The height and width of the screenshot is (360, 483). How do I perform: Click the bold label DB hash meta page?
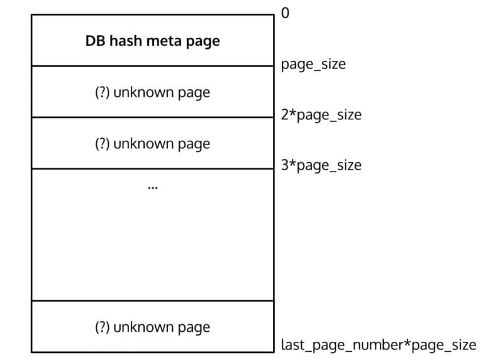(152, 41)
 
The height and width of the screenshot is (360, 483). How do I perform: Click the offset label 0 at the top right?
(286, 13)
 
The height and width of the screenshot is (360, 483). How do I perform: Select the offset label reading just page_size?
(313, 64)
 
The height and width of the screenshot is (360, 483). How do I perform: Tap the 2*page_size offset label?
(321, 115)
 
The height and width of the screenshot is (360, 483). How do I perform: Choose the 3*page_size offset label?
(321, 165)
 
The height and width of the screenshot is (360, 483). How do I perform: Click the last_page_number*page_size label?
(379, 345)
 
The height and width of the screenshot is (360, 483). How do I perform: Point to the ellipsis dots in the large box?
(152, 187)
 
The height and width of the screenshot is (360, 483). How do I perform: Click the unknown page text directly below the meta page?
(162, 93)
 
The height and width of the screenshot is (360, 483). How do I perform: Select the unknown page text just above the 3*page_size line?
(162, 144)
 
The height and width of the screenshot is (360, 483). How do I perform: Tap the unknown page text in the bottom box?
(162, 327)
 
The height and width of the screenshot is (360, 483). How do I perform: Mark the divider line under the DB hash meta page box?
(152, 65)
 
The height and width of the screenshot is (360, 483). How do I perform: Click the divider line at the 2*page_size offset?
(152, 117)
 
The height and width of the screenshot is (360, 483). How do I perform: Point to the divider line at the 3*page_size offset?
(152, 168)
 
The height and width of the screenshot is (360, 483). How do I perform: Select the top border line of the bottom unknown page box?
(152, 300)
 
